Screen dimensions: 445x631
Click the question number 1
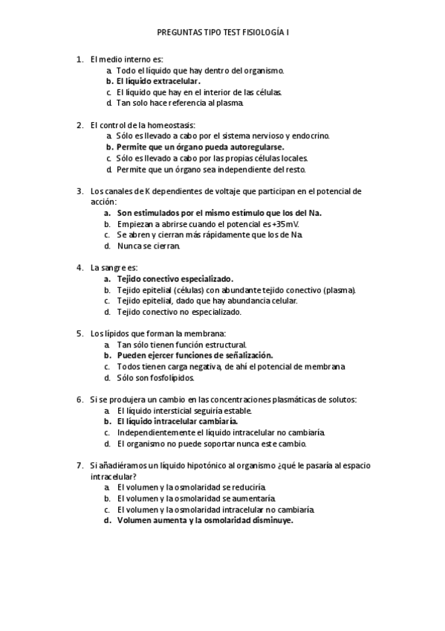[x=79, y=59]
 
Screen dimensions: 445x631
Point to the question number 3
[x=79, y=190]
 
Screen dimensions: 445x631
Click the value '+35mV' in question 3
[x=285, y=224]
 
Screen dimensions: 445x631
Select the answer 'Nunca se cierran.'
[x=148, y=246]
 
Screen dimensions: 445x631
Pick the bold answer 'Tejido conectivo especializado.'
[x=175, y=279]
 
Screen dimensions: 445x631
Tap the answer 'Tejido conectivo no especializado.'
[x=179, y=313]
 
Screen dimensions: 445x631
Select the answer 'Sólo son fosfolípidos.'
[x=155, y=378]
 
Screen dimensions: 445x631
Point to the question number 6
[x=79, y=400]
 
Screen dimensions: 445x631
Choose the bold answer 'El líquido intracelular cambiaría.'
[x=177, y=421]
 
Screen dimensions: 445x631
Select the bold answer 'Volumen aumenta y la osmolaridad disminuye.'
[x=205, y=521]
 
